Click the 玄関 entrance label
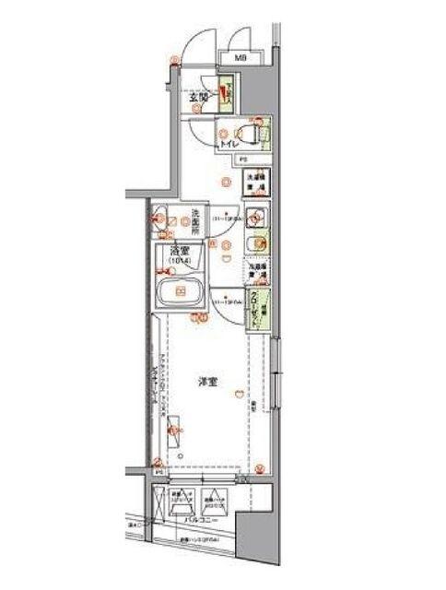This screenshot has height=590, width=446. coord(198,95)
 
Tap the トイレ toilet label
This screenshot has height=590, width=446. coord(230,144)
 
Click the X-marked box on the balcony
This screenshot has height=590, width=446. coord(176,504)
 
